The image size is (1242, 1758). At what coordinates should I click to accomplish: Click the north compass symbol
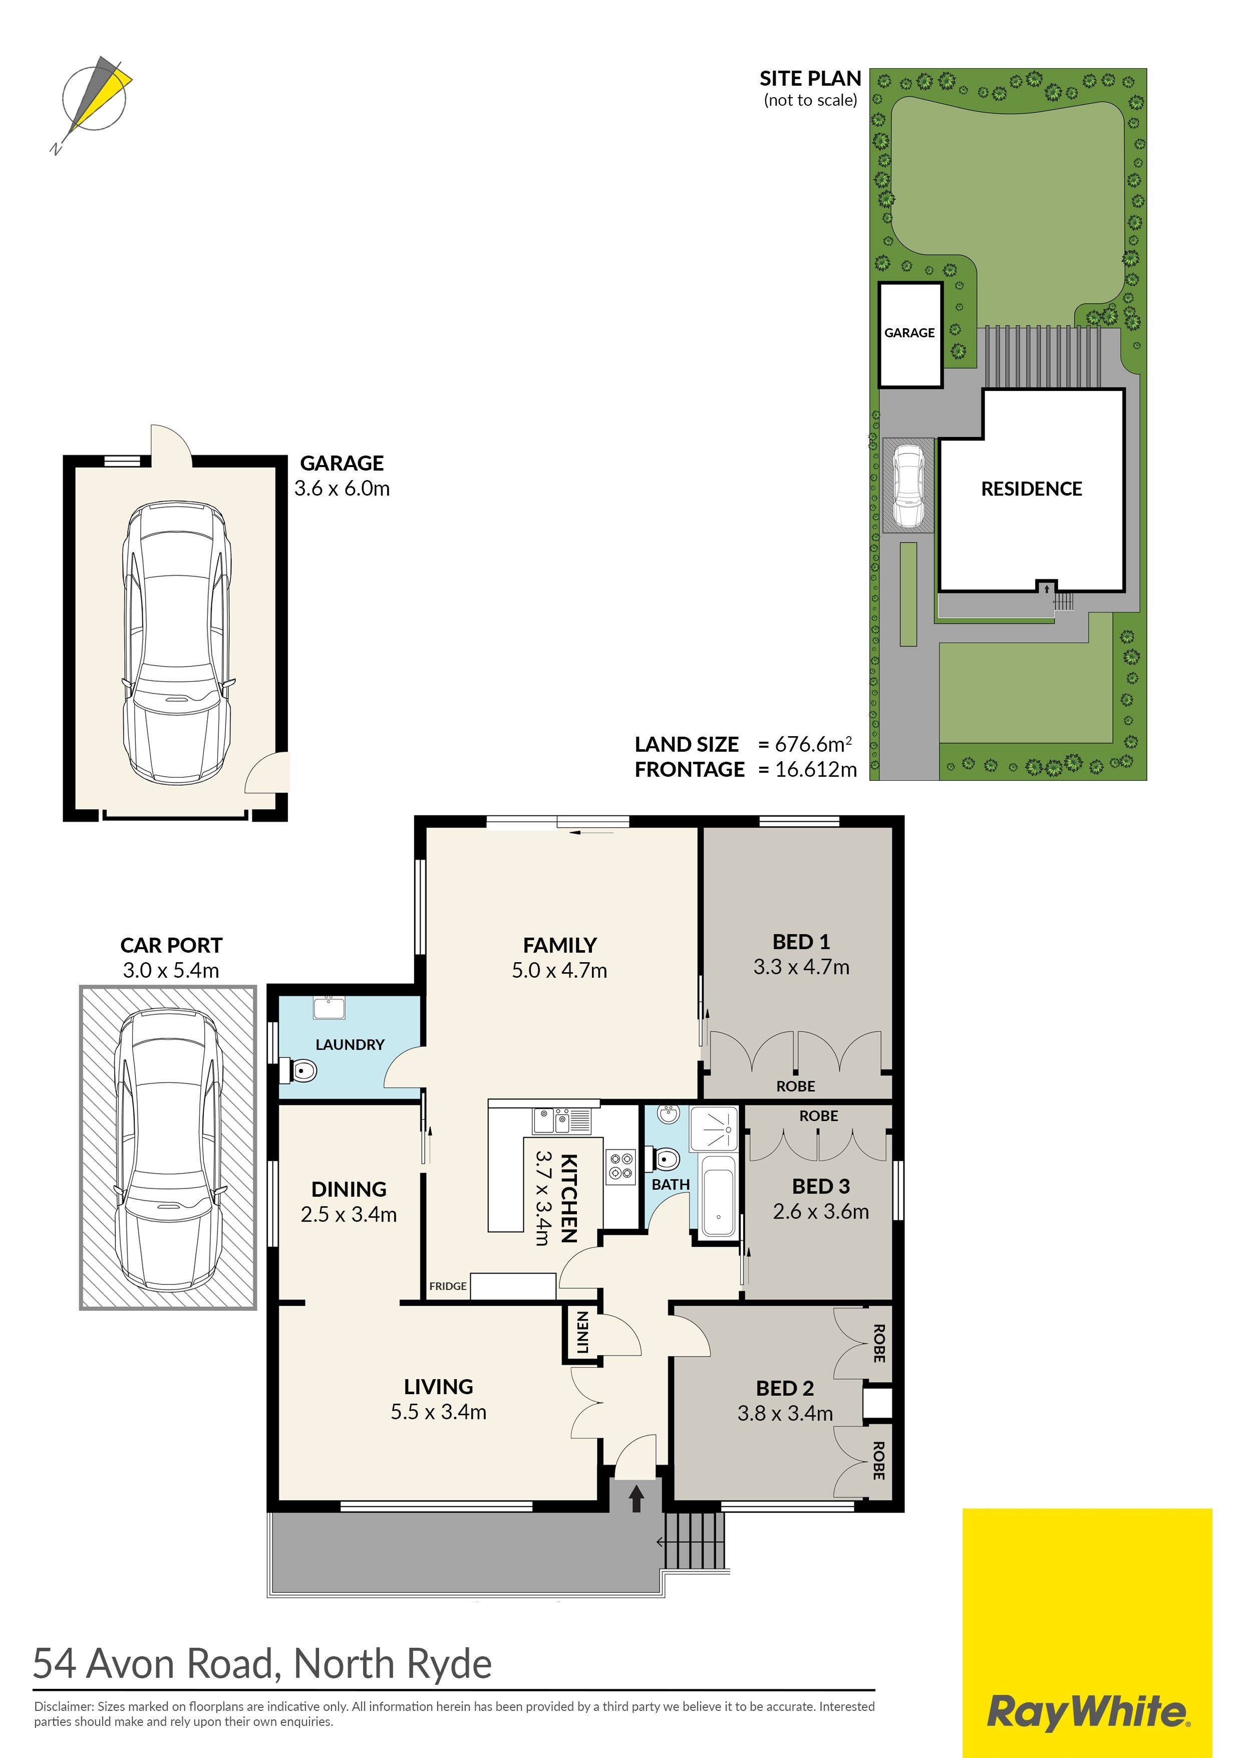click(x=95, y=103)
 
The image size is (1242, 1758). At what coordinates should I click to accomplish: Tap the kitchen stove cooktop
click(x=620, y=1167)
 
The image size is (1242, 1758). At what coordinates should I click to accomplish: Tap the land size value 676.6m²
click(x=813, y=744)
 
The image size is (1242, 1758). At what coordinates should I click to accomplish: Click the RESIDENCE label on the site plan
click(x=1032, y=489)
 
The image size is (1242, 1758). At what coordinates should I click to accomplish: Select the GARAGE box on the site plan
click(x=910, y=335)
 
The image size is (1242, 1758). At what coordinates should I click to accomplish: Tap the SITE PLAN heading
click(x=810, y=78)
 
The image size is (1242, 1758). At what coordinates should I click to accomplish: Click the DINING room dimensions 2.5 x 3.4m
click(x=349, y=1214)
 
